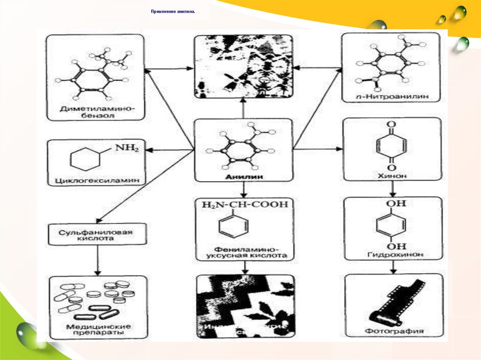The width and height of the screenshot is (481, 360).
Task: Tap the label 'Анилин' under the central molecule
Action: click(x=243, y=176)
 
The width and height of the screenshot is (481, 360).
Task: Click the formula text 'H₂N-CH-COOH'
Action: click(x=244, y=205)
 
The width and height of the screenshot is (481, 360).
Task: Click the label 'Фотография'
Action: click(x=394, y=331)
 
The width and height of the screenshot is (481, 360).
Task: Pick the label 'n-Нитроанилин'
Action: click(x=391, y=97)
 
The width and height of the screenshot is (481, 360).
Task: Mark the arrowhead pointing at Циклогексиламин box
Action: click(x=149, y=150)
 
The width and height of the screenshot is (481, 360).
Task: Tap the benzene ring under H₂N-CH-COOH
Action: click(x=231, y=228)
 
